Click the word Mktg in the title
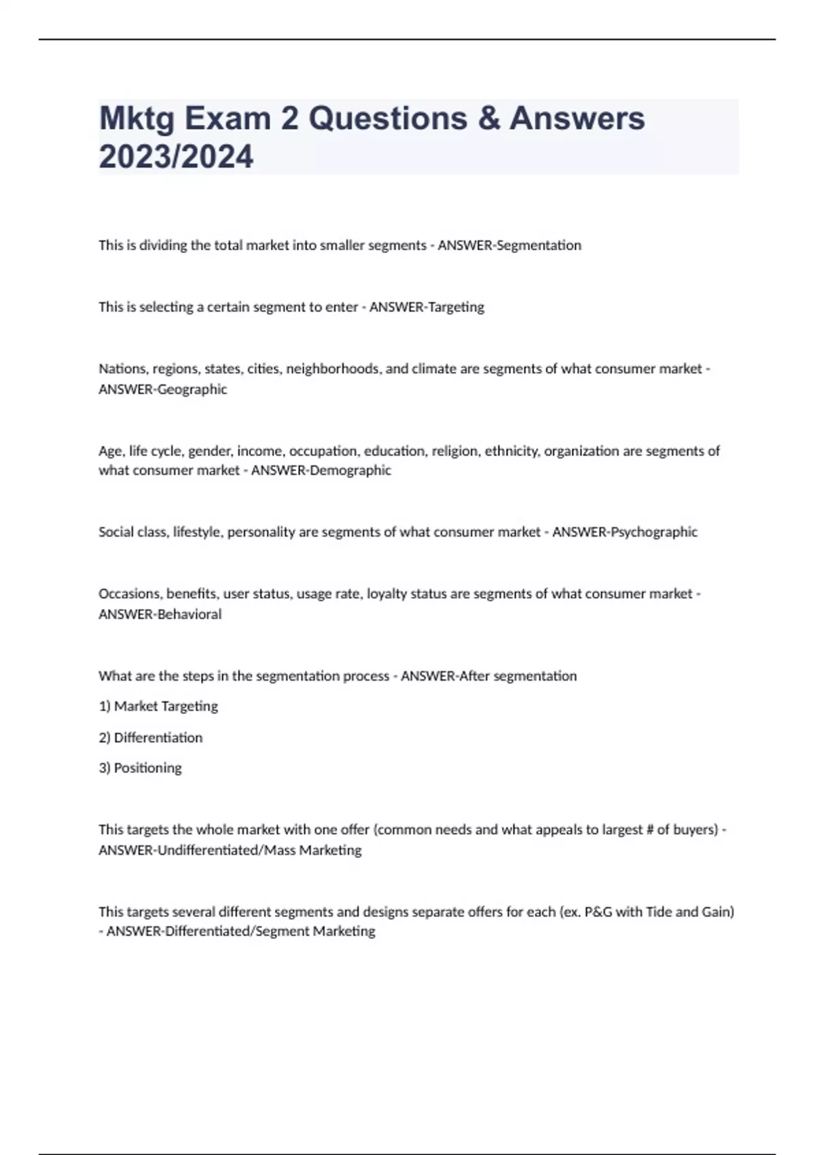(x=137, y=119)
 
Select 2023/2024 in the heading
(x=176, y=156)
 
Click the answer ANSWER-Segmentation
(x=509, y=245)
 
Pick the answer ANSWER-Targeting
(x=427, y=307)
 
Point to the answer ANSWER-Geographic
(x=163, y=389)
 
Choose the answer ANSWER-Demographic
(x=321, y=470)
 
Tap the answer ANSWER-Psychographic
(x=625, y=532)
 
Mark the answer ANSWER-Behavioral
(x=160, y=614)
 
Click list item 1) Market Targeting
(x=158, y=707)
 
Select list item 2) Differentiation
(x=151, y=738)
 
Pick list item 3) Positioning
(x=141, y=768)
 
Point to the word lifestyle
(x=198, y=532)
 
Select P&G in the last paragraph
(x=598, y=912)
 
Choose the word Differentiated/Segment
(x=238, y=931)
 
